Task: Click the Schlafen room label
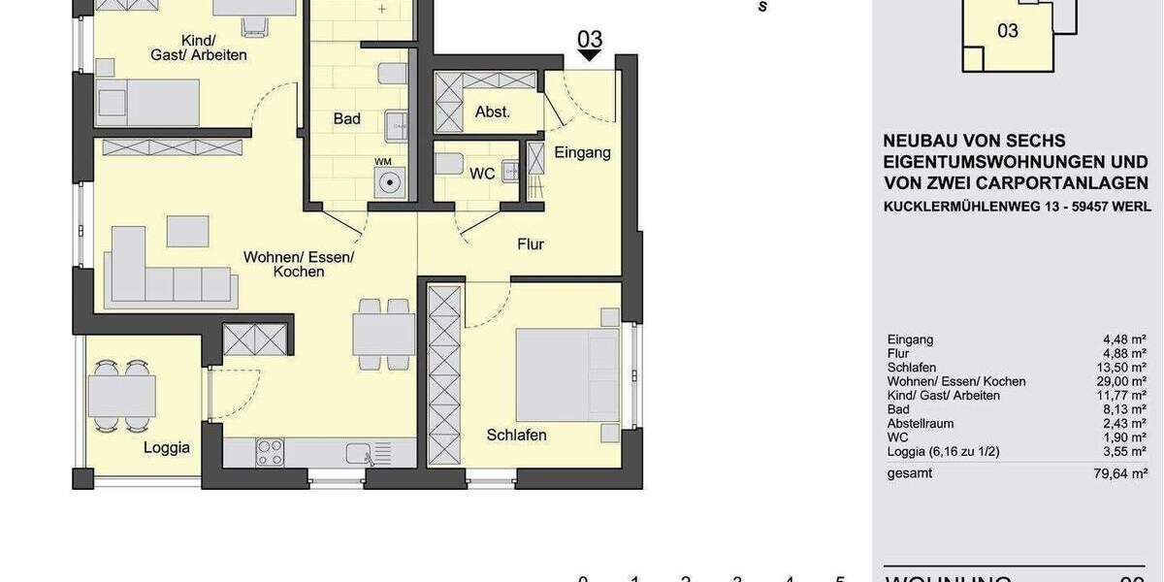tap(516, 436)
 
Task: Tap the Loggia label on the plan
tap(167, 447)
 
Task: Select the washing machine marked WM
tap(388, 179)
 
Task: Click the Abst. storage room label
tap(493, 112)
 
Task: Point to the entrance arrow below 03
tap(589, 56)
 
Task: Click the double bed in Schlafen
tap(567, 374)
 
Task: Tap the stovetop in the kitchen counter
tap(270, 452)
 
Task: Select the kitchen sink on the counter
tap(359, 452)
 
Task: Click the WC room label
tap(482, 174)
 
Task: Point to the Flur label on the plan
tap(531, 244)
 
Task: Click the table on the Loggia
tap(121, 396)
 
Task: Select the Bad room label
tap(346, 118)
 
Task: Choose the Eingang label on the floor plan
tap(582, 152)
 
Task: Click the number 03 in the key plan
tap(1008, 31)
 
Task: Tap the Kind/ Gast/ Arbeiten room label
tap(198, 47)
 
